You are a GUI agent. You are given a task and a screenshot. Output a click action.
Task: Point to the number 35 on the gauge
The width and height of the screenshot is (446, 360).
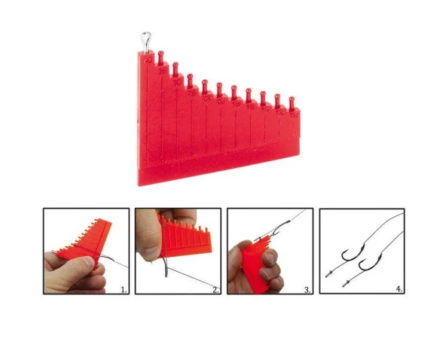click(163, 71)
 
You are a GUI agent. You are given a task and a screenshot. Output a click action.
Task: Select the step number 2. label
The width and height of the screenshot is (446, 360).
click(215, 288)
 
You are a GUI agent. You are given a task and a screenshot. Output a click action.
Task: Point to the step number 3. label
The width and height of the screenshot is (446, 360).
click(307, 288)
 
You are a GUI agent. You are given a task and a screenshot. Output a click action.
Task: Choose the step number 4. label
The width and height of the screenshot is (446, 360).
click(399, 288)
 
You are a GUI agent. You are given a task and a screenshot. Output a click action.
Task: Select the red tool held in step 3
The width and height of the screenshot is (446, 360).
click(257, 264)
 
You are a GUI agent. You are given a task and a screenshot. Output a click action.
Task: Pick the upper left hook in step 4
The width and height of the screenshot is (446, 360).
click(350, 255)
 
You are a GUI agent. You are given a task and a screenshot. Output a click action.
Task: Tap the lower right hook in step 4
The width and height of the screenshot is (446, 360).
click(368, 264)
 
